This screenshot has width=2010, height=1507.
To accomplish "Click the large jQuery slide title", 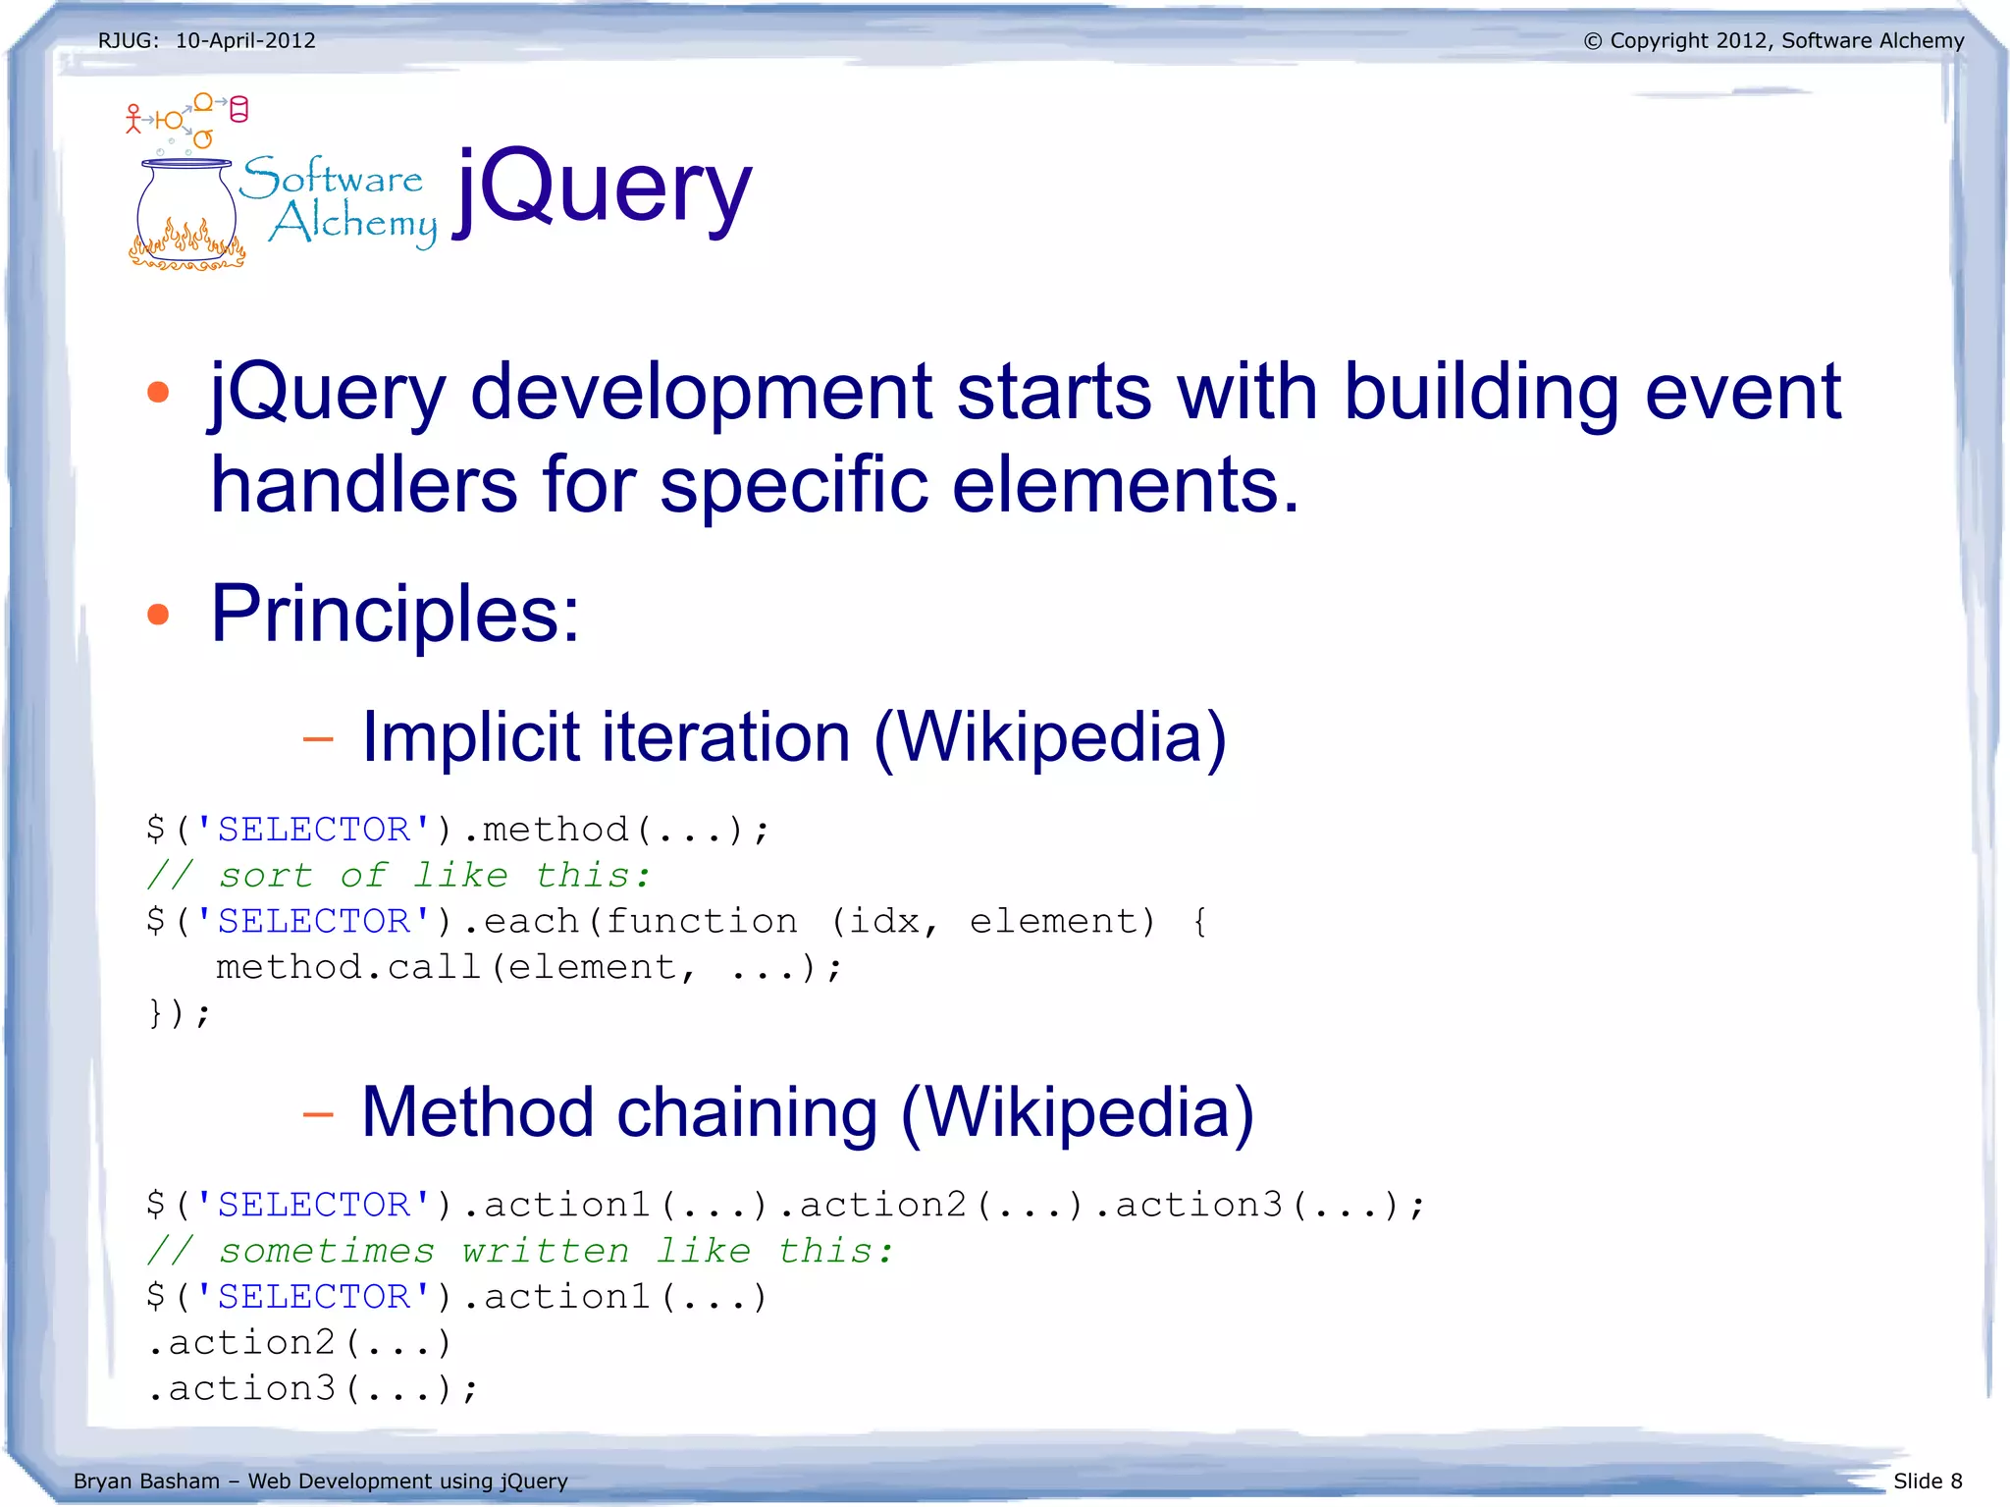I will (x=604, y=188).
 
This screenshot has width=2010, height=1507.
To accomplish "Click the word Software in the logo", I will (x=332, y=178).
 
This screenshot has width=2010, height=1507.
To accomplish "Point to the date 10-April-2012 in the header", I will (x=245, y=40).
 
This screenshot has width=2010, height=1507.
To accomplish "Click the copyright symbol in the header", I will (x=1592, y=41).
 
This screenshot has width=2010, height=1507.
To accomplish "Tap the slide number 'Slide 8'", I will (x=1927, y=1480).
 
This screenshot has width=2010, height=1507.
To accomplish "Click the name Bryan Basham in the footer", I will (x=146, y=1480).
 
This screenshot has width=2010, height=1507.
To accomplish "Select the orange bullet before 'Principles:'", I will (x=158, y=615).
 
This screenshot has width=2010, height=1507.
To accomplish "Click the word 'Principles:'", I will (x=396, y=614).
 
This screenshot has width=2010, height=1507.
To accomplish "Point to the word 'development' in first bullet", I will (x=701, y=392).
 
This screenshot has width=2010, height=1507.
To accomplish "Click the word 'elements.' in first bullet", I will (x=1126, y=485).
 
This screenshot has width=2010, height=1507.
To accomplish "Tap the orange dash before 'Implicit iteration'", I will (x=318, y=738).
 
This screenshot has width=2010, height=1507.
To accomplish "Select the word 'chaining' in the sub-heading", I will (x=747, y=1112).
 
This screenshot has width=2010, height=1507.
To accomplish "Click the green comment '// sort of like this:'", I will (x=398, y=875).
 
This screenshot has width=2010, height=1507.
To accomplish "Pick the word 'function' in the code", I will (x=701, y=921).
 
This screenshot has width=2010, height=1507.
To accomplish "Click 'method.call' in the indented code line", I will (x=348, y=967).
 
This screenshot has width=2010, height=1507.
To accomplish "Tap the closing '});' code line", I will (x=179, y=1012).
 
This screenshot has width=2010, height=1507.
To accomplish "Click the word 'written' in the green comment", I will (x=546, y=1251).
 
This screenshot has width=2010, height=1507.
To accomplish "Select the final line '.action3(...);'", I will (x=312, y=1388).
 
